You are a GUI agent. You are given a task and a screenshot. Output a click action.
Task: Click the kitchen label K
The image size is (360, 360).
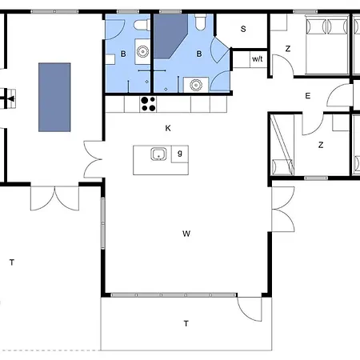(x=168, y=128)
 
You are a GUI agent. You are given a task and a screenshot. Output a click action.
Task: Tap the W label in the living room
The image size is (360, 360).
(x=186, y=234)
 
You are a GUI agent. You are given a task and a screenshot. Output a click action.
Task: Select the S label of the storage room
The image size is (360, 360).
(x=243, y=29)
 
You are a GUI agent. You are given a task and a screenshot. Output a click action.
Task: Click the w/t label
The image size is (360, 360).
(x=258, y=58)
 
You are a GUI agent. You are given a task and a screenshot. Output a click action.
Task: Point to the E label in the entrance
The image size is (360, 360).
(x=308, y=96)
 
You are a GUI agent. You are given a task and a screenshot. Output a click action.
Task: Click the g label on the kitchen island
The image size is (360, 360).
(x=180, y=154)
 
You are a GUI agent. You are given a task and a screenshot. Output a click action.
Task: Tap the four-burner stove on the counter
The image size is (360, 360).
(x=148, y=104)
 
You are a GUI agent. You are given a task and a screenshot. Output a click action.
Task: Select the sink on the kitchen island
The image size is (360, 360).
(x=158, y=154)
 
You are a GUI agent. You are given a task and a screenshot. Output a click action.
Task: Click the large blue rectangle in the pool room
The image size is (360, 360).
(x=54, y=98)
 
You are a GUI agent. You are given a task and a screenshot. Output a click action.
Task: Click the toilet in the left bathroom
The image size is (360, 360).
(x=142, y=25)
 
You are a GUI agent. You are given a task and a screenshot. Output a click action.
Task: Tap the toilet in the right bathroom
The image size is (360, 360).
(x=200, y=22)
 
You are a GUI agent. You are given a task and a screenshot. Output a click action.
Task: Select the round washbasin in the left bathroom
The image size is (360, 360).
(x=142, y=51)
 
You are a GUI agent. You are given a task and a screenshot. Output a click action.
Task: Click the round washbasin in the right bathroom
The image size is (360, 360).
(x=196, y=85)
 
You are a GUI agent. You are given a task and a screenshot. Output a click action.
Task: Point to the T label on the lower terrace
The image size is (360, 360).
(x=186, y=324)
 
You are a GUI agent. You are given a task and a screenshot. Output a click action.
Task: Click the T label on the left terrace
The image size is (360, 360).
(x=12, y=262)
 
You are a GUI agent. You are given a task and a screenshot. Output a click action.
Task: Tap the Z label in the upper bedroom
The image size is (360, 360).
(x=288, y=49)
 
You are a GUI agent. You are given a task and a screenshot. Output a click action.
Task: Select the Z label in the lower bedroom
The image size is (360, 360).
(x=321, y=145)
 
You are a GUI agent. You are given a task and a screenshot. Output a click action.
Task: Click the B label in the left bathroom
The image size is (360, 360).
(x=123, y=54)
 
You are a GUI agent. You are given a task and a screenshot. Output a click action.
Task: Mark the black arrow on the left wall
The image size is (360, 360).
(x=10, y=99)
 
